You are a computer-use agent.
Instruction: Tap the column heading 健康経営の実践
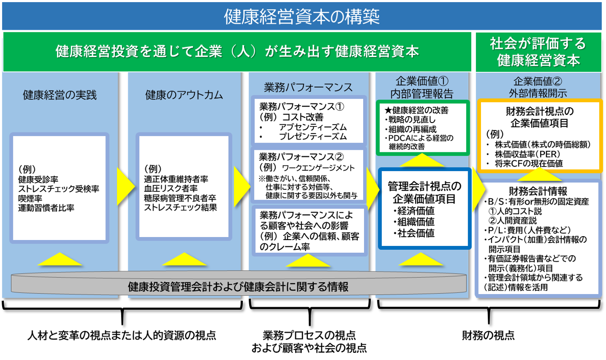click(x=60, y=95)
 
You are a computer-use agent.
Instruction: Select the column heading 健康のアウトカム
click(x=184, y=95)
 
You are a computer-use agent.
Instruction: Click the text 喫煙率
click(x=30, y=198)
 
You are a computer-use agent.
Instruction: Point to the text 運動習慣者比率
click(x=46, y=208)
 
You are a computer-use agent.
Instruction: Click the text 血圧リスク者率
click(x=171, y=189)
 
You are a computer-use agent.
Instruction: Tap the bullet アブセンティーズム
click(x=313, y=127)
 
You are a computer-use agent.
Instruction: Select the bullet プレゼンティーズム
click(x=313, y=137)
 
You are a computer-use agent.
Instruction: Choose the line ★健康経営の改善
click(x=416, y=110)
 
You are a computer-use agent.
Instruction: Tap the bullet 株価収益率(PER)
click(x=527, y=154)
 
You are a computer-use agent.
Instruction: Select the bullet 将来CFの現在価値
click(x=529, y=163)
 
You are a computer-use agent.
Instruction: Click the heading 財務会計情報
click(x=538, y=191)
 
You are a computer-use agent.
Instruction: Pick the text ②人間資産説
click(x=512, y=220)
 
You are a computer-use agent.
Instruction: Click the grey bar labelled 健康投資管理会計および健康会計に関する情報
click(x=238, y=286)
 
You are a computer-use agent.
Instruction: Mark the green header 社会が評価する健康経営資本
click(x=538, y=52)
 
